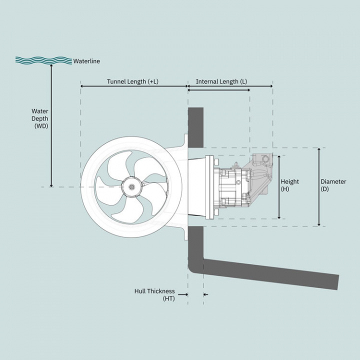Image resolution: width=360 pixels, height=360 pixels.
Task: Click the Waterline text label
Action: coord(86,61)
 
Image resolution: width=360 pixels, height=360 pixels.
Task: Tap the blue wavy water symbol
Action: coord(43,60)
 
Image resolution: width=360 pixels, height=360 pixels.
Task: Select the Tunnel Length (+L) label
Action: coord(132,81)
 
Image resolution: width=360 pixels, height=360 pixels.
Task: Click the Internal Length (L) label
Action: coord(221,81)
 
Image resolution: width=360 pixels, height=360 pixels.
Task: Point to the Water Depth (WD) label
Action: coord(40,118)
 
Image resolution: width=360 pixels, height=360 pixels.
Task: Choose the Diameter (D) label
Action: coord(333,185)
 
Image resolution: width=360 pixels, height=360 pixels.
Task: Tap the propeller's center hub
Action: coord(131,187)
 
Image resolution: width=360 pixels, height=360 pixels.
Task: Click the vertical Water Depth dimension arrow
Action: coord(51,125)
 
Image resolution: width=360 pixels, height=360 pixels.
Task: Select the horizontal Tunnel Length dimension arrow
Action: coord(133,86)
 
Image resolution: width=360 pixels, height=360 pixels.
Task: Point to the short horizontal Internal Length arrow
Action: coord(218,90)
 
